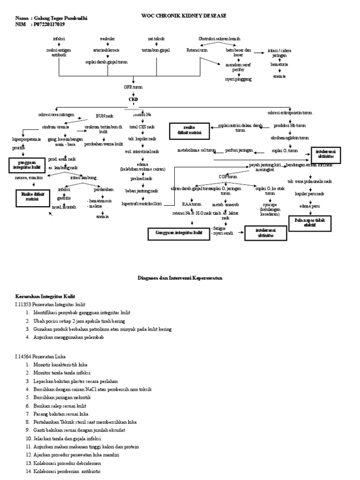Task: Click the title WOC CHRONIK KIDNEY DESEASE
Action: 184,15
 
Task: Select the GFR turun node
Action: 134,88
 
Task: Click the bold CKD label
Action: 134,99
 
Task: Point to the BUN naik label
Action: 104,115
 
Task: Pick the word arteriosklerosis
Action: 108,50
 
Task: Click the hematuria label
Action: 279,67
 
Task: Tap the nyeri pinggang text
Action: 236,79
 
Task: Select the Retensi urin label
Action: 197,50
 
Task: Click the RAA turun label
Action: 192,204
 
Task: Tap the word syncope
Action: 270,204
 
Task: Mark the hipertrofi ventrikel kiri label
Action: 141,204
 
